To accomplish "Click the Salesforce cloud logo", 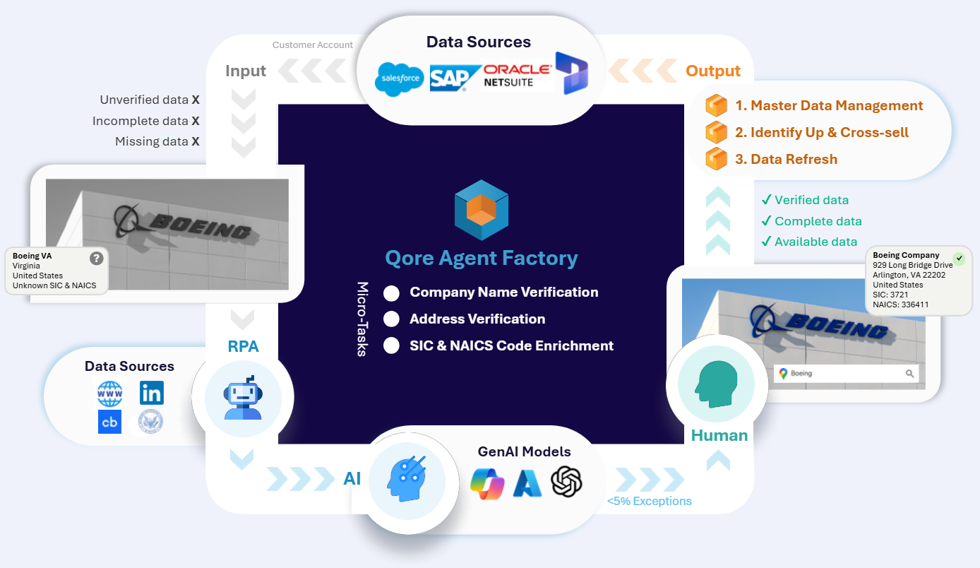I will [x=400, y=78].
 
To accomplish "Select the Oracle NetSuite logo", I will [x=517, y=76].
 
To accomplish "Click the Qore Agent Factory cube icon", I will [x=482, y=210].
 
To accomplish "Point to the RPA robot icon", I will [x=243, y=398].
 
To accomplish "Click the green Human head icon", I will [x=716, y=385].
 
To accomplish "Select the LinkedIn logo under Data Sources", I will [x=151, y=393].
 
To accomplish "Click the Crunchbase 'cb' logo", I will [x=109, y=422].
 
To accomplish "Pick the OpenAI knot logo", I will [x=566, y=482].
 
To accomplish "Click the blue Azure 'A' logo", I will [x=527, y=483].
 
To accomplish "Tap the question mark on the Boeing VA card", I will [x=97, y=259].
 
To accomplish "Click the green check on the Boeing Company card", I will [x=958, y=259].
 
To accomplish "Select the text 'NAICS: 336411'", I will [x=901, y=304].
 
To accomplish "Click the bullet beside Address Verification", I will [x=391, y=319].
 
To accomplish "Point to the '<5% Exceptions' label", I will [x=649, y=502].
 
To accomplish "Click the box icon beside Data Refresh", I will [x=716, y=159].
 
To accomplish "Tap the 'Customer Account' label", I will [x=312, y=45].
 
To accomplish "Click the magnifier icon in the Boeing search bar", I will [x=910, y=374].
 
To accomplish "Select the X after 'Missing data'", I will [x=196, y=141].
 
